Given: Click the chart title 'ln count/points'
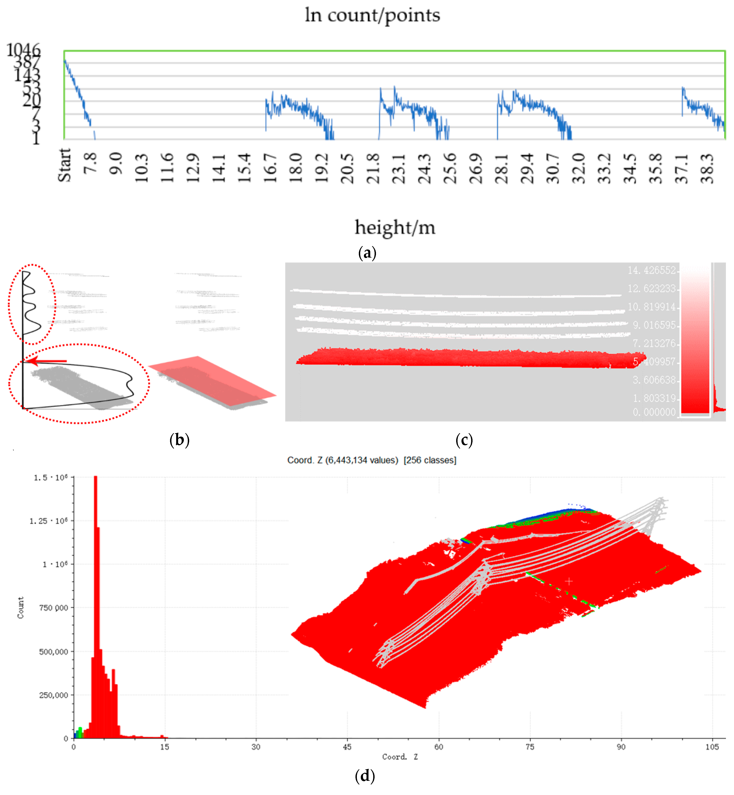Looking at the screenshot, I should [372, 16].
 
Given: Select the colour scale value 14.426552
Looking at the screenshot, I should [651, 270].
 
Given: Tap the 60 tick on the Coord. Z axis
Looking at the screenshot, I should [438, 747].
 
